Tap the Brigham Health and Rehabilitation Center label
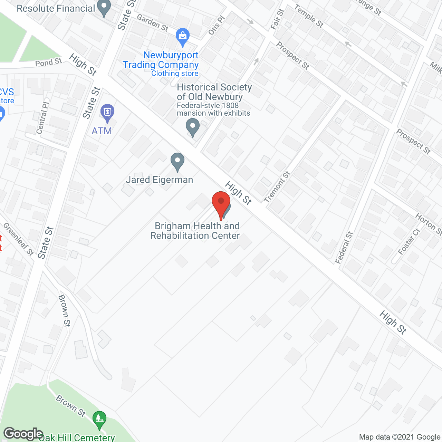pyautogui.click(x=196, y=231)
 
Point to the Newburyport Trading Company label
pyautogui.click(x=161, y=60)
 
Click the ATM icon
pyautogui.click(x=107, y=112)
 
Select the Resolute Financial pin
pyautogui.click(x=104, y=8)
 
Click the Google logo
pyautogui.click(x=23, y=434)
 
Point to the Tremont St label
pyautogui.click(x=277, y=187)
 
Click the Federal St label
pyautogui.click(x=344, y=248)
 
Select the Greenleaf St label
pyautogui.click(x=18, y=239)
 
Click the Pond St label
pyautogui.click(x=48, y=63)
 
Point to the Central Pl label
pyautogui.click(x=42, y=118)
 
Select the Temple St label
pyautogui.click(x=309, y=16)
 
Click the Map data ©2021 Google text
pyautogui.click(x=400, y=437)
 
